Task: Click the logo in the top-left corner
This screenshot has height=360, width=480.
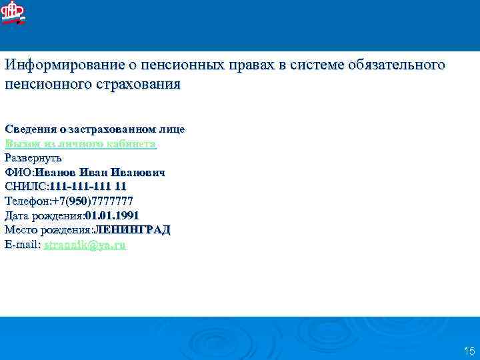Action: click(x=13, y=13)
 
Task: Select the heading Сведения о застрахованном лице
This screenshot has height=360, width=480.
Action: click(x=95, y=129)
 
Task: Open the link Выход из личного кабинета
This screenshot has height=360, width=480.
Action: click(x=80, y=143)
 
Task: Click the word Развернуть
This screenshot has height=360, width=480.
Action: click(x=33, y=158)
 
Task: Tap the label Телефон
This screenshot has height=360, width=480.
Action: click(x=26, y=201)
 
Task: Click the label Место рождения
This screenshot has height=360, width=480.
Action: click(x=47, y=231)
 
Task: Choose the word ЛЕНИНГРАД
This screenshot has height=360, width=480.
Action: click(x=132, y=231)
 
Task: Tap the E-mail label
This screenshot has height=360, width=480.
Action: click(x=22, y=245)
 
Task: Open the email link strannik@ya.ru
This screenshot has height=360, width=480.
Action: click(x=85, y=245)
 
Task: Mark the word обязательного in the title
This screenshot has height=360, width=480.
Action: click(x=395, y=66)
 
